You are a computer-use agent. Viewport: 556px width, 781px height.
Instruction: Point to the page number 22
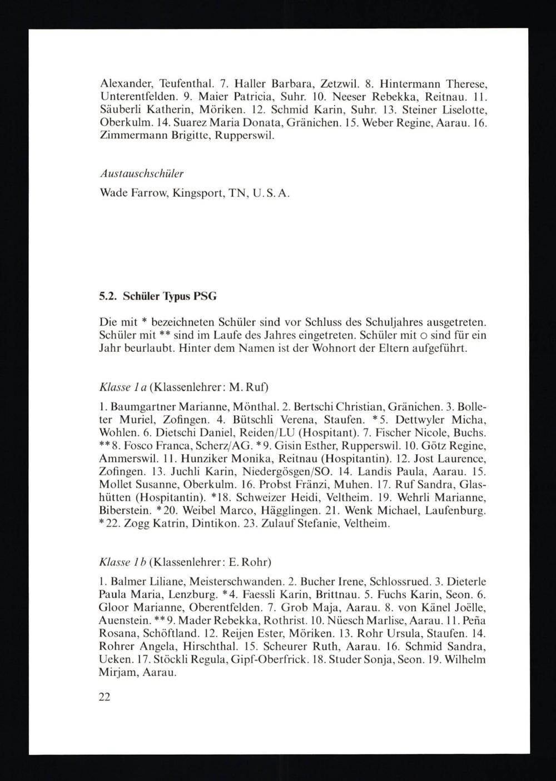pos(105,697)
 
